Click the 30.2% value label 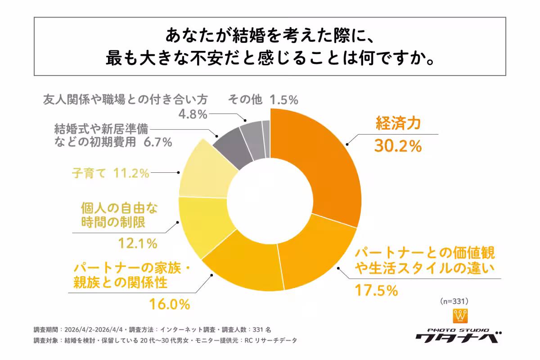pyautogui.click(x=398, y=146)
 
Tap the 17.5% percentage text pyautogui.click(x=376, y=290)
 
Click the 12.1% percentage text pyautogui.click(x=138, y=243)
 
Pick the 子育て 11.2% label pyautogui.click(x=110, y=173)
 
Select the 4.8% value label pyautogui.click(x=192, y=114)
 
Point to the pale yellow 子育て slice pyautogui.click(x=202, y=173)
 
